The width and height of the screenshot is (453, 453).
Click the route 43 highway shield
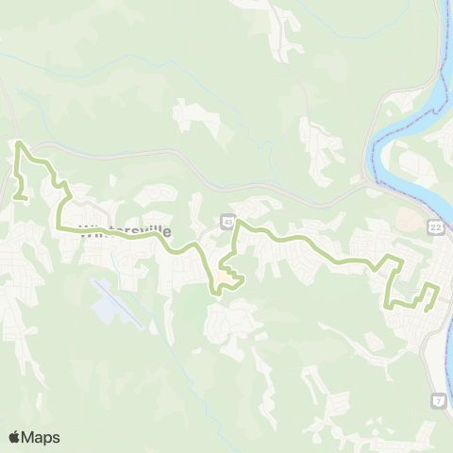228,221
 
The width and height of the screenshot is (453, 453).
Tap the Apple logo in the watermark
15,437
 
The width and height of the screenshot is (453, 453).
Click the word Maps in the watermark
42,437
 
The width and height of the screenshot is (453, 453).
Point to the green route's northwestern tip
20,143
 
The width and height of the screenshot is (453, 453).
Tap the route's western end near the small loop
18,197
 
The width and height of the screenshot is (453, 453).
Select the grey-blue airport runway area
118,302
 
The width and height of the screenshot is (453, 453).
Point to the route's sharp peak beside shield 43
237,222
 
